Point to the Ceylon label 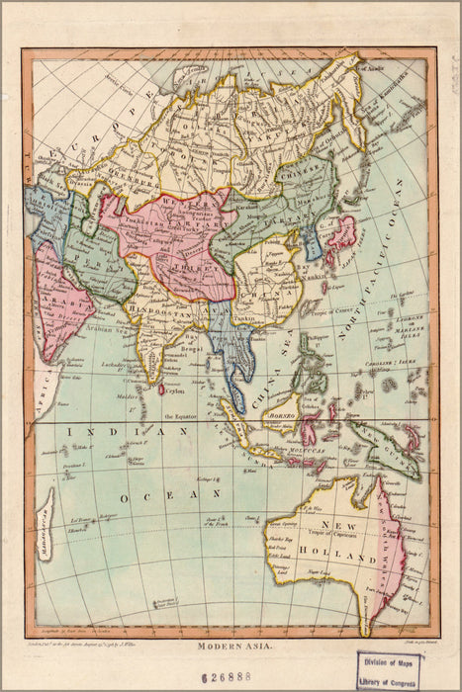click(174, 390)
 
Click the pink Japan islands click(341, 234)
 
